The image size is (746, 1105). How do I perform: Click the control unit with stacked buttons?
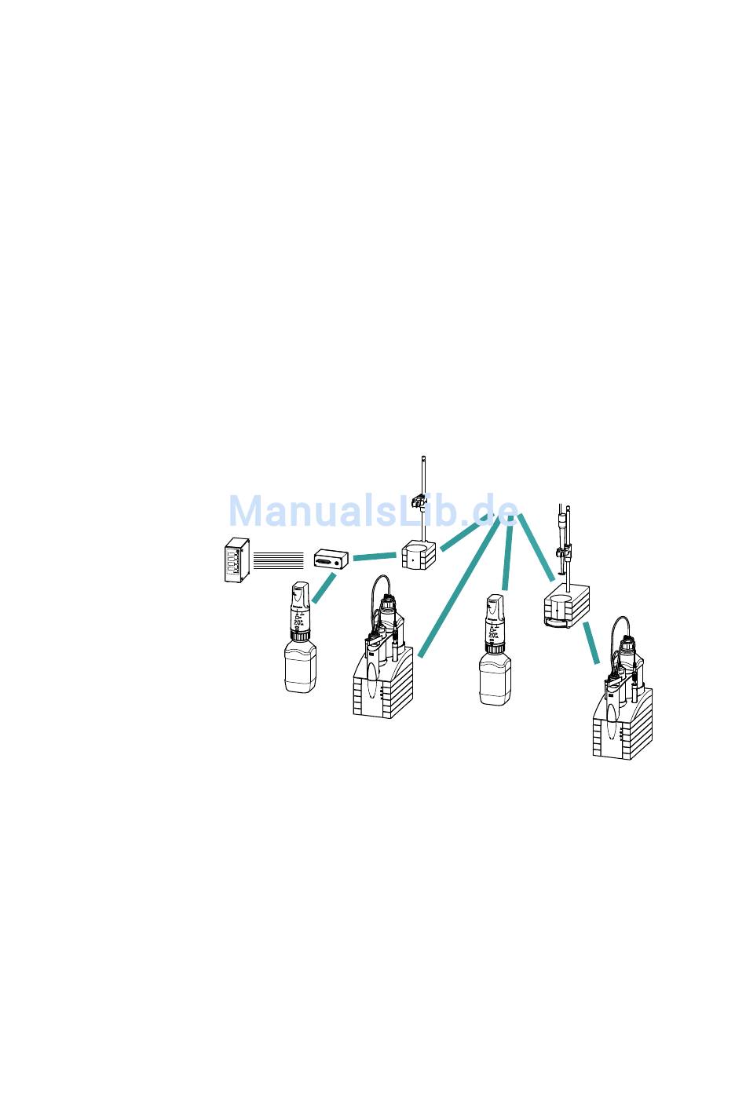coord(233,560)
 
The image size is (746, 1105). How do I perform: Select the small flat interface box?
coord(331,560)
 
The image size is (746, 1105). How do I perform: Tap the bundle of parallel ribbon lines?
coord(278,560)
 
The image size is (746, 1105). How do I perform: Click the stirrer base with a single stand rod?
coord(417,556)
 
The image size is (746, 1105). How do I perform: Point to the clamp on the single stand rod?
coord(422,499)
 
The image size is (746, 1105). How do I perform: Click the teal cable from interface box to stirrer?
coord(374,557)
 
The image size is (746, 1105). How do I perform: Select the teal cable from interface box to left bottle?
coord(324,589)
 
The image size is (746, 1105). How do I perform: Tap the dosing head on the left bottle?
coord(301,608)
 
